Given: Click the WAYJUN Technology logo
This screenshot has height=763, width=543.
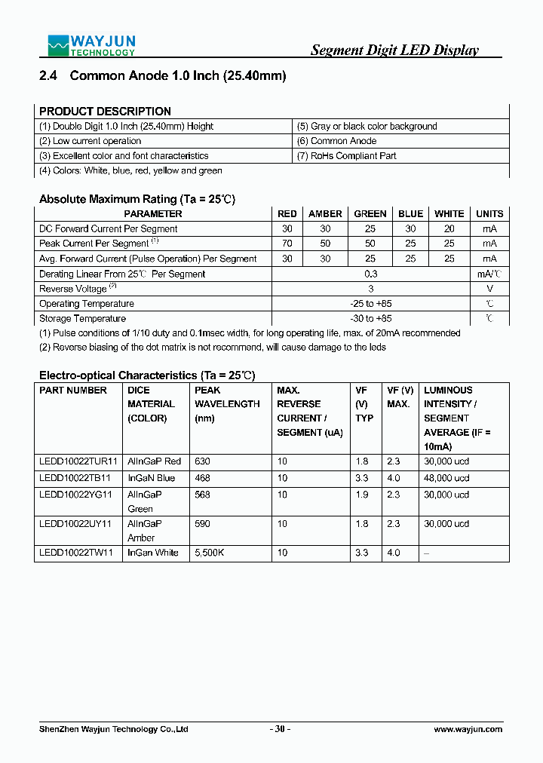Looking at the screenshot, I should (91, 45).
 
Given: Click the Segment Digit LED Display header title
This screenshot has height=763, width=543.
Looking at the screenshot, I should (394, 51).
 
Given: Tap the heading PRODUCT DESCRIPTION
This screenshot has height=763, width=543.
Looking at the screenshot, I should (105, 111).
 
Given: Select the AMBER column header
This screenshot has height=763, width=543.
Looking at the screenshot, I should (325, 214).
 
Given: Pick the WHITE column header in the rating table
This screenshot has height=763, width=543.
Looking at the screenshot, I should (449, 214).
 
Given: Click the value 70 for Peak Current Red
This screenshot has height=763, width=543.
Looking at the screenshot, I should (287, 244).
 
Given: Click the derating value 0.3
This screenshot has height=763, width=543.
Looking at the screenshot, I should (370, 274).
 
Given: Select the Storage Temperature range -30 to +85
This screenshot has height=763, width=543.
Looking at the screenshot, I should (370, 318).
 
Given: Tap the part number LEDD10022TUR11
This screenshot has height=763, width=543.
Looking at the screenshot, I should (78, 461).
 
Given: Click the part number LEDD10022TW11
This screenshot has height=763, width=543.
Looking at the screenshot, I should (76, 553).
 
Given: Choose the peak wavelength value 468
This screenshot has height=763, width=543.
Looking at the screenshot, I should (203, 478).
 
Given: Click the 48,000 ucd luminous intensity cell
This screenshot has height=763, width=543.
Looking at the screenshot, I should (446, 478).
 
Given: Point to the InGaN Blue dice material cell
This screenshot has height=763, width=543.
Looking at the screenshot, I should (151, 478).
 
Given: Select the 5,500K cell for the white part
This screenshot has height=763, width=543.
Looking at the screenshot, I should (210, 553).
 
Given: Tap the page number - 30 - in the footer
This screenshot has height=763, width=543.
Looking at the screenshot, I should (280, 729).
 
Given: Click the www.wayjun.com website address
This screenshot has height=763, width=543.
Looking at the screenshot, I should (468, 729).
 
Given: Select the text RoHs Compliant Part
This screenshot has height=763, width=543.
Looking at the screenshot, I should (347, 156).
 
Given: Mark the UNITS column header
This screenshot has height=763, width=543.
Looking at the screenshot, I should (489, 214).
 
